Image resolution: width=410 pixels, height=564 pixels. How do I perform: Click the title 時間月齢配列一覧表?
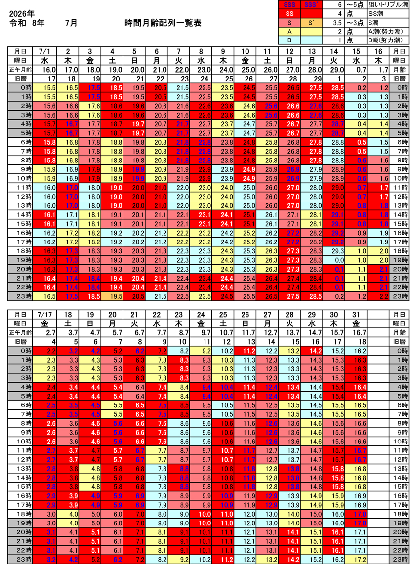click(163, 23)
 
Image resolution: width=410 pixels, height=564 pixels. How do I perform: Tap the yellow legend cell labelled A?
click(289, 31)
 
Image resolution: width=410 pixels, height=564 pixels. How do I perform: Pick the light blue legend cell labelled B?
click(289, 40)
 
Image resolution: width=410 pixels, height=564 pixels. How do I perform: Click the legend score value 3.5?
click(338, 23)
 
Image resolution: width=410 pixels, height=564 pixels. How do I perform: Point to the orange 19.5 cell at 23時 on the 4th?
click(115, 296)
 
